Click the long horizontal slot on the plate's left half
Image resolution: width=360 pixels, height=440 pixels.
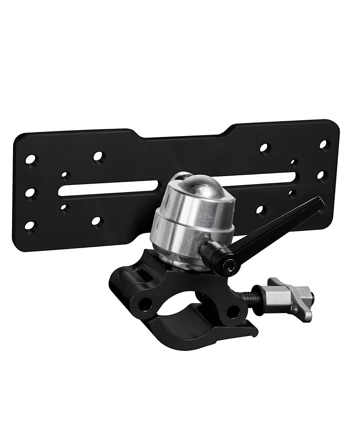[x=108, y=188]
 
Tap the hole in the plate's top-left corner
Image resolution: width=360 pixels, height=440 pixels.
[x=31, y=159]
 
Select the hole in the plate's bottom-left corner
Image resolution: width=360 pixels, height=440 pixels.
[x=30, y=225]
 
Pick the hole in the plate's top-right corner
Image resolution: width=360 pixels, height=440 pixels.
[x=323, y=145]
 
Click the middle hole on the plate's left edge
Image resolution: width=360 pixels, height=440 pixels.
[x=30, y=192]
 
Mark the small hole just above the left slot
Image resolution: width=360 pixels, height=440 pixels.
[x=65, y=175]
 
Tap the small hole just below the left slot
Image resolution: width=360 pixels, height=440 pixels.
[x=65, y=208]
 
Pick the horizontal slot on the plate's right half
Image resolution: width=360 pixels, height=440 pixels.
[x=265, y=178]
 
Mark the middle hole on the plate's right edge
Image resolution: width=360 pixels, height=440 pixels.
[x=321, y=175]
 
